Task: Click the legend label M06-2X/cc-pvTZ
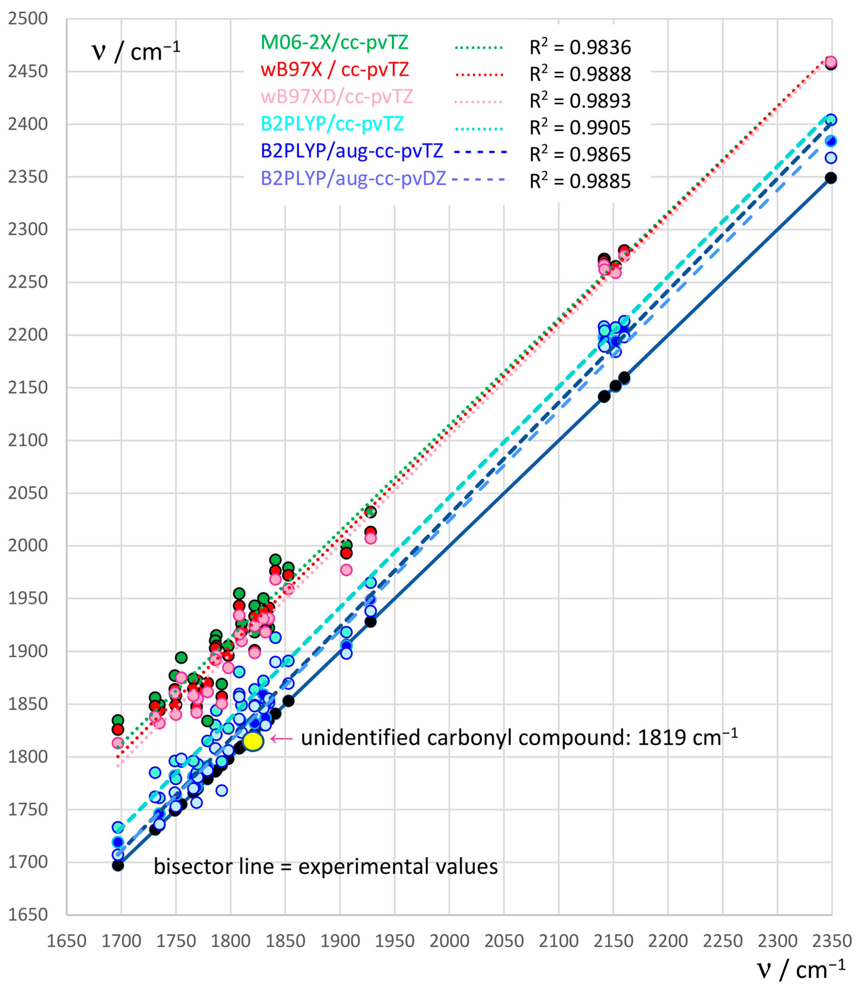[x=334, y=42]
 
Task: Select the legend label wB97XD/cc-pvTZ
[x=337, y=97]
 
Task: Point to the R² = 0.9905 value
[x=580, y=128]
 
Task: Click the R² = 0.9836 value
[x=580, y=47]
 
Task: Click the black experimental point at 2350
[x=831, y=178]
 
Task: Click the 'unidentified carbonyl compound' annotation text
[x=519, y=737]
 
